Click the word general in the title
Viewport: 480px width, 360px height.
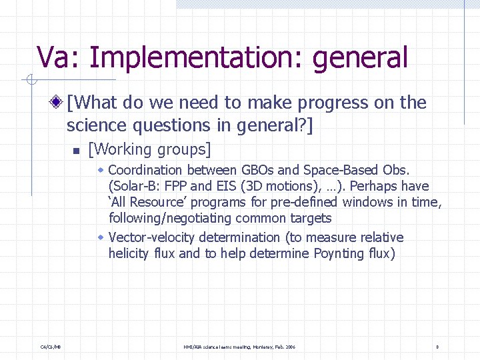[x=359, y=58]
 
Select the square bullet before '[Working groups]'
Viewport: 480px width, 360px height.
[x=77, y=149]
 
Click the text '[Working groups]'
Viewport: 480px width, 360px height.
[x=149, y=149]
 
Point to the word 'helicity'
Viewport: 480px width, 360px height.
[x=129, y=253]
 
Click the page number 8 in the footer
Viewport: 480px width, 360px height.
[x=437, y=347]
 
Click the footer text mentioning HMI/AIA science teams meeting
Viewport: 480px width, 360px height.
[x=239, y=347]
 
